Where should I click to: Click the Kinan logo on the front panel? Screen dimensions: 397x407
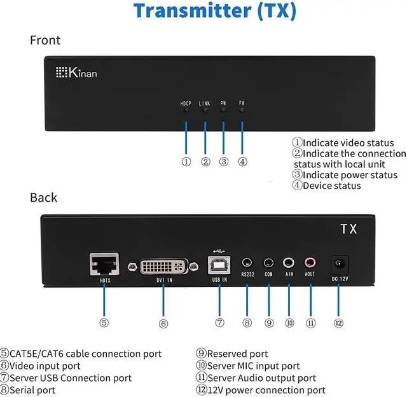click(x=76, y=73)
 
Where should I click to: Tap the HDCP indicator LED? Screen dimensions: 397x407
click(x=186, y=111)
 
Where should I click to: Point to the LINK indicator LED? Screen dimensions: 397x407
click(x=205, y=111)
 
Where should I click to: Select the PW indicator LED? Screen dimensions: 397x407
click(x=223, y=111)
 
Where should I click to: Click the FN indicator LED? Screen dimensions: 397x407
click(x=242, y=111)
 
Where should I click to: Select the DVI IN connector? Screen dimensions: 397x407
click(x=163, y=265)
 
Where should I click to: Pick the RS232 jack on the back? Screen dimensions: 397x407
click(x=247, y=261)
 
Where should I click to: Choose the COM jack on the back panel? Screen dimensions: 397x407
click(x=269, y=261)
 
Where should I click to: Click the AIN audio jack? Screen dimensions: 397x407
click(x=289, y=261)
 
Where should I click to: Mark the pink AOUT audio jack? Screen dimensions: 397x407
click(x=310, y=261)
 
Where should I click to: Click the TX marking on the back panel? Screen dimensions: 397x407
click(x=348, y=229)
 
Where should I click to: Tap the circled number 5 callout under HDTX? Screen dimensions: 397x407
click(x=104, y=323)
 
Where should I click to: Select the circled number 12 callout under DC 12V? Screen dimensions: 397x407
click(x=338, y=323)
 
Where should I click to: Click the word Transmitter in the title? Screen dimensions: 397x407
click(x=184, y=11)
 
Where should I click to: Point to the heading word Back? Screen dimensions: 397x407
click(x=43, y=197)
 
